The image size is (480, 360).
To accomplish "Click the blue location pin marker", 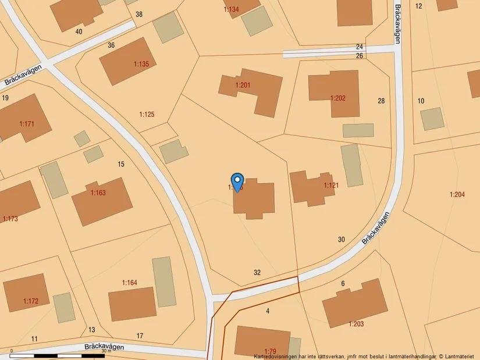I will [237, 182].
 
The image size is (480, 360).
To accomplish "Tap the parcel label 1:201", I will [243, 85].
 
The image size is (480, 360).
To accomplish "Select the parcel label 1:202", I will [338, 98].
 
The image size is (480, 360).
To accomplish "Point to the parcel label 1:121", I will [331, 186].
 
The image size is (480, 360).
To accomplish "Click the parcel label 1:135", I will [141, 64].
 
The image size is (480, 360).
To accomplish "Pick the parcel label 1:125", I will [147, 114].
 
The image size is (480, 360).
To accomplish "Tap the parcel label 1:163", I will [98, 193].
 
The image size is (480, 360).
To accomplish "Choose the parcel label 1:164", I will [129, 283].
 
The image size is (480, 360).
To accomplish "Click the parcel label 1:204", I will [457, 195].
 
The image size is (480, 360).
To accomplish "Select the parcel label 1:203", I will [356, 323].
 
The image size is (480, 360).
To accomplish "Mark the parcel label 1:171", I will [27, 124].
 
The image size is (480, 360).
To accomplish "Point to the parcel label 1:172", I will [30, 301].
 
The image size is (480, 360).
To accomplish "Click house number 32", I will [257, 272].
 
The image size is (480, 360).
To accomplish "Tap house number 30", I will [341, 239].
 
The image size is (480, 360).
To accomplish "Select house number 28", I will [381, 101].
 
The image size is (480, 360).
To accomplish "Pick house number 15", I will [121, 164].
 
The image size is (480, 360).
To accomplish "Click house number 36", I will [111, 45].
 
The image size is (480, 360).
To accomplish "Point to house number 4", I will [268, 311].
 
